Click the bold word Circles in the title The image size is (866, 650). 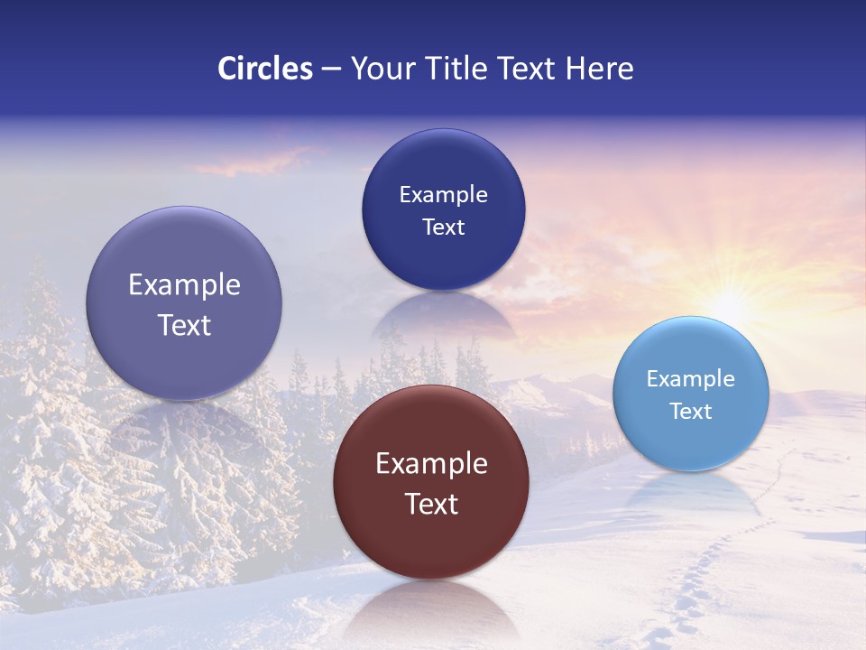point(264,69)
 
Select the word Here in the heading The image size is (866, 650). point(600,69)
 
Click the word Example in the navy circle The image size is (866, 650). point(443,195)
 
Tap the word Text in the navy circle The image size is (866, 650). point(443,227)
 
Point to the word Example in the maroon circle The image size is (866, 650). point(431,464)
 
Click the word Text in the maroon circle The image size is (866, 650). point(431,504)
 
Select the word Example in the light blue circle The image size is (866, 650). point(691,379)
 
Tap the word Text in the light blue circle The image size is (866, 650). point(691,412)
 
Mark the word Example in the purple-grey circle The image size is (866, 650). point(184,285)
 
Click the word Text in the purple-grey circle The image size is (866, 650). point(184,325)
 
